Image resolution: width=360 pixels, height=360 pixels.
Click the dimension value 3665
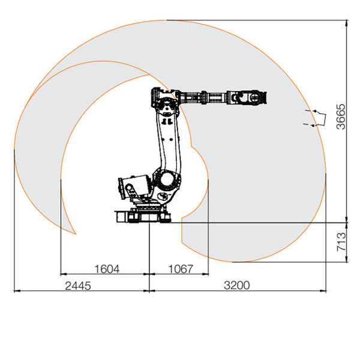[341, 117]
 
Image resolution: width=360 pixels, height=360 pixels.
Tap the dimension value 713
[341, 242]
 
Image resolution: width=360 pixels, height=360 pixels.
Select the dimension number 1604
[107, 269]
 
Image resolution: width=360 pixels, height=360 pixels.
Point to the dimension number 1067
[181, 269]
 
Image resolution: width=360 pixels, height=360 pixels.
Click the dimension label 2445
[78, 286]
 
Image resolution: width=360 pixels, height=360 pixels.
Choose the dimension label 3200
[237, 286]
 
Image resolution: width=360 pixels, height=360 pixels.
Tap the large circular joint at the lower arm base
[167, 179]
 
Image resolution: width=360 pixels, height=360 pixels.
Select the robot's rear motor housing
[134, 187]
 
